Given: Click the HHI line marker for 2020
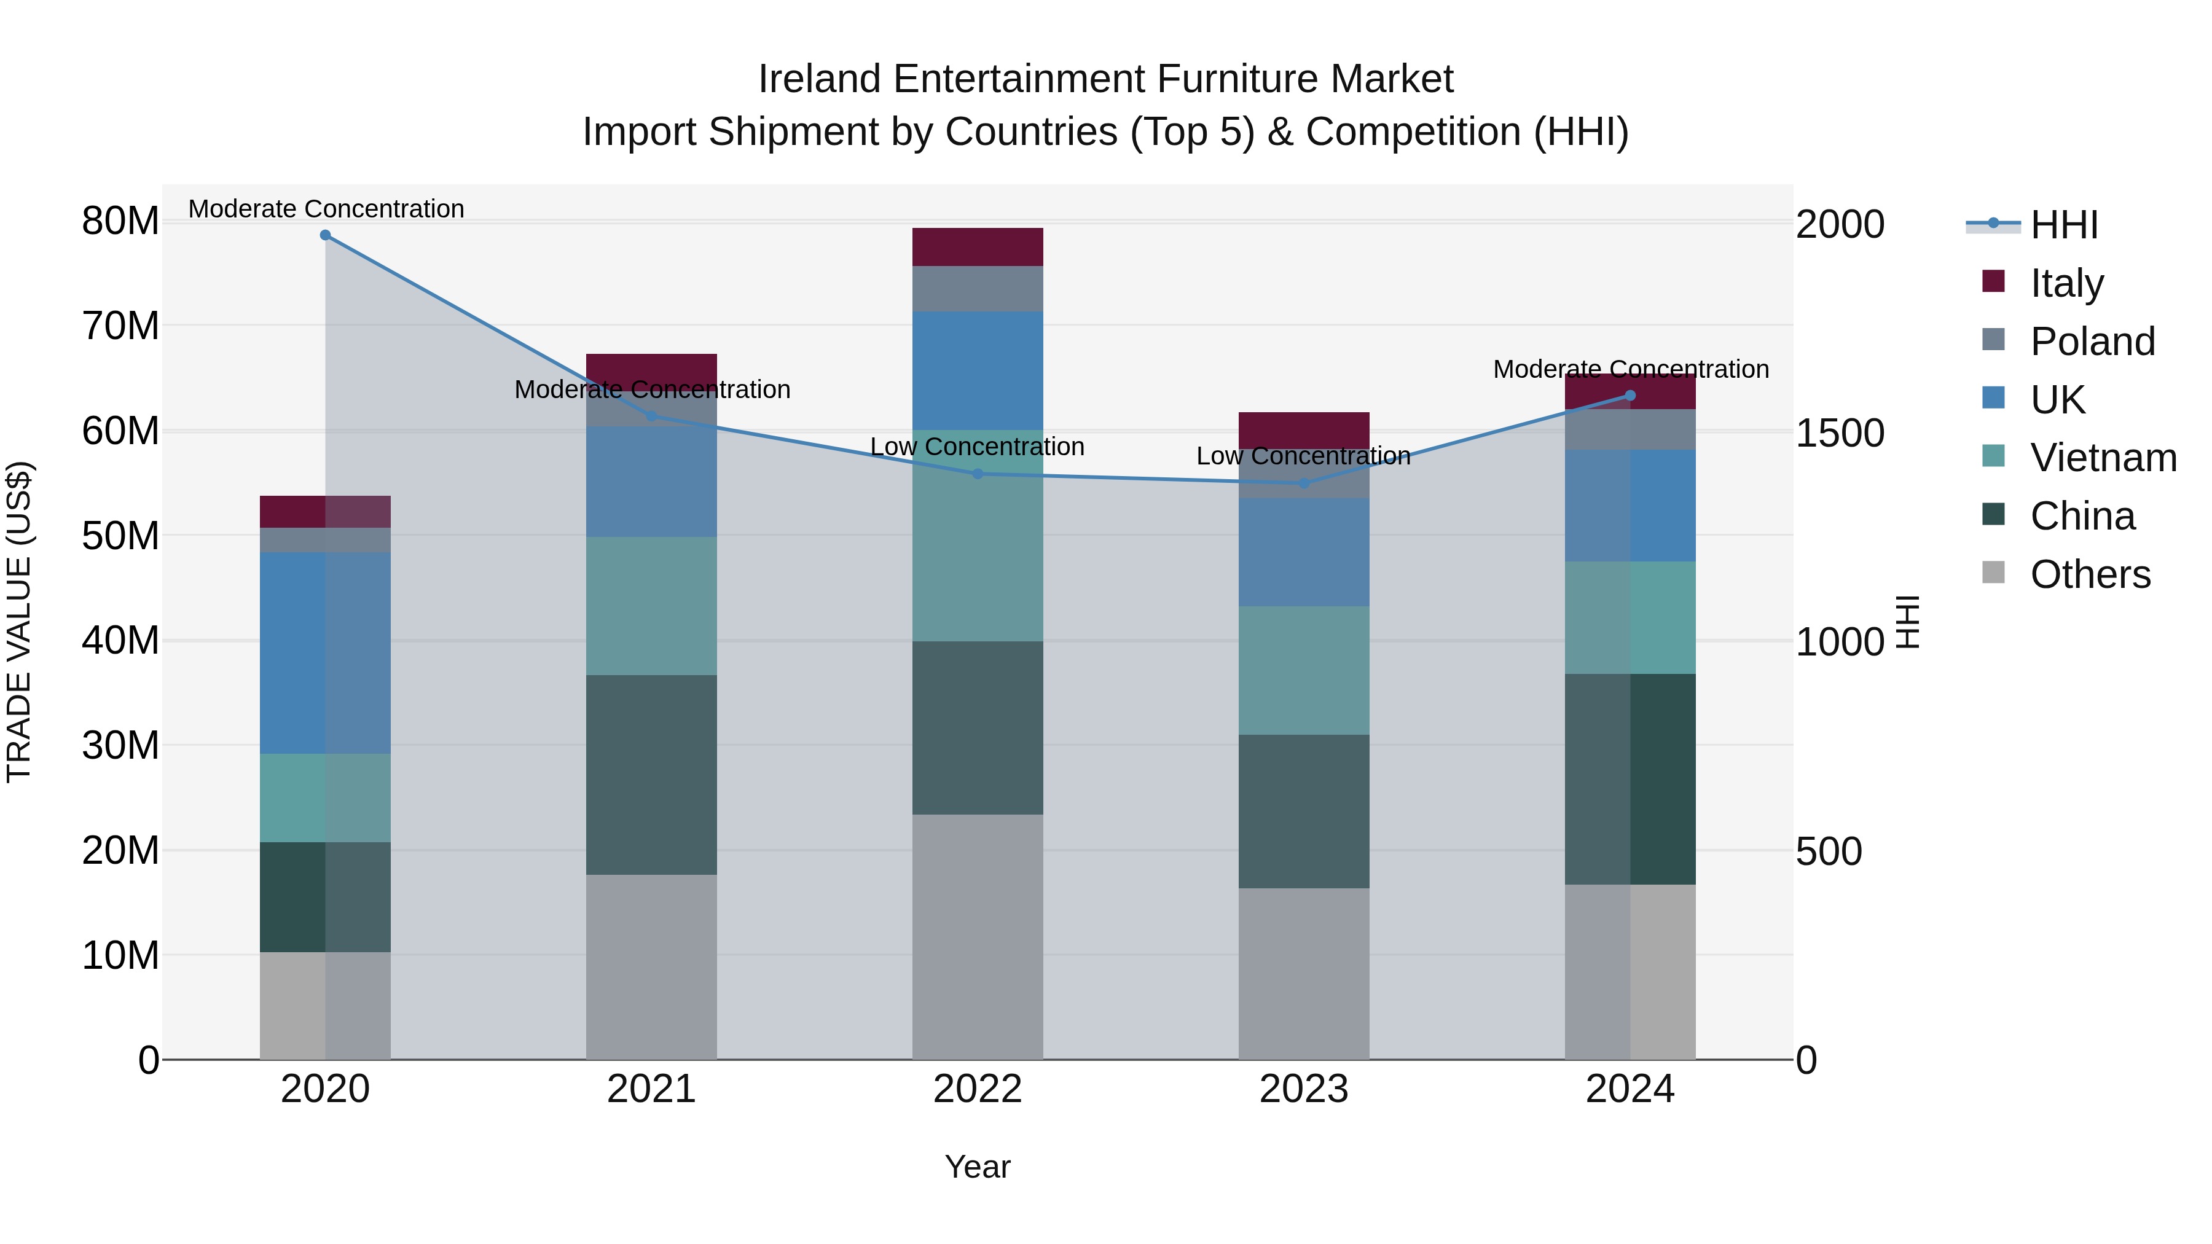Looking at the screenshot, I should click(326, 235).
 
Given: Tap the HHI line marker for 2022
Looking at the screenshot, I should click(977, 474).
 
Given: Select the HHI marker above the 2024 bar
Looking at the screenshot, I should click(1631, 396).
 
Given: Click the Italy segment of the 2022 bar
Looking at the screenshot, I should click(977, 247).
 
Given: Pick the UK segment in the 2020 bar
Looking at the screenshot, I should click(326, 652).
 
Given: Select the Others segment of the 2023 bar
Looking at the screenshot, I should click(1303, 974).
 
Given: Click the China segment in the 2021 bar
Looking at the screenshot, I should click(651, 775).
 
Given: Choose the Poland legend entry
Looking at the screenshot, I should click(2092, 342).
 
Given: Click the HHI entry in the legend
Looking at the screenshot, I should click(2063, 225).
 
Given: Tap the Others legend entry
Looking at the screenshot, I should click(2090, 574).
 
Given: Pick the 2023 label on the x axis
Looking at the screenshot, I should click(1303, 1089).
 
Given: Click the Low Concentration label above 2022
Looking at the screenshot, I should click(977, 447).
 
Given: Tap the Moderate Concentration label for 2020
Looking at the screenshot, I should click(326, 209).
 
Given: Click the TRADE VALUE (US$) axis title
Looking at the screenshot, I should click(19, 622).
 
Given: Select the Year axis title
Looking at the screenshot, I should click(977, 1167).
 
